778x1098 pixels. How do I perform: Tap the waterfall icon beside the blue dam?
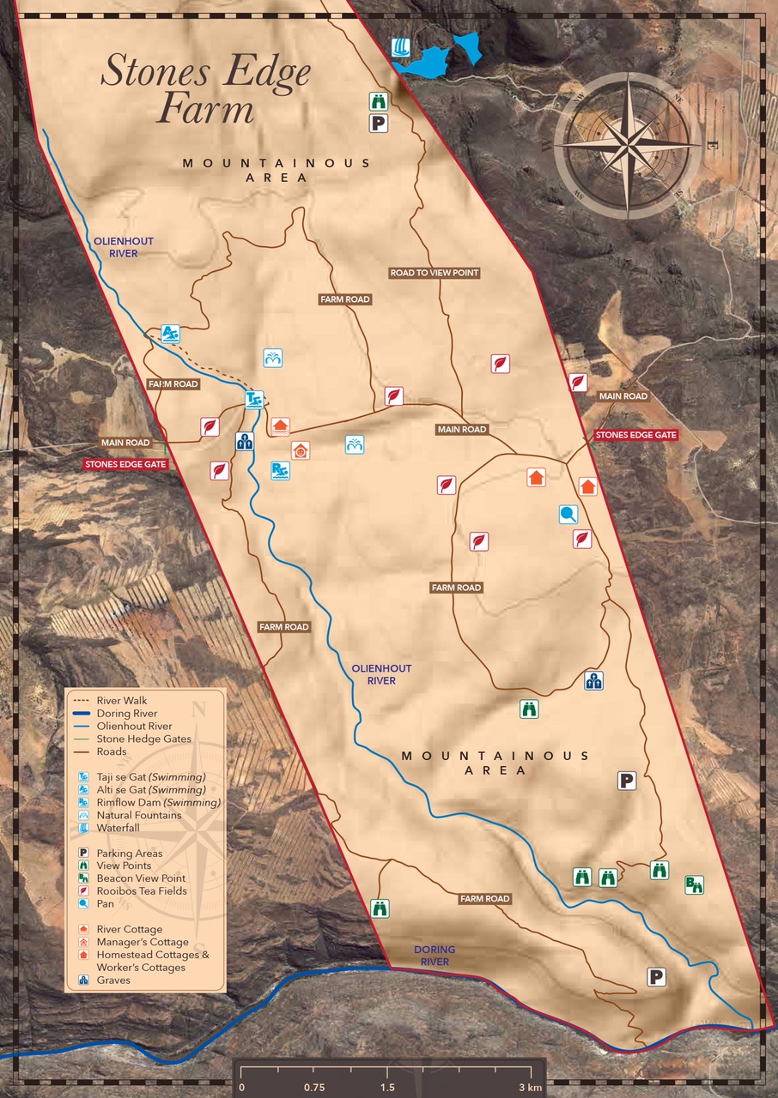click(x=399, y=47)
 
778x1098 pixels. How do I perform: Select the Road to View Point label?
click(x=434, y=273)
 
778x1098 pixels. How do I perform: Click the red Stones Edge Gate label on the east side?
click(x=635, y=435)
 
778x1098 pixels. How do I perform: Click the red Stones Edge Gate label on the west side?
click(x=125, y=464)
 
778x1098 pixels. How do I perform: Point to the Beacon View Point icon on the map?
click(x=694, y=884)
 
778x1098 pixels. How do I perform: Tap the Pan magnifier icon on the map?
click(x=568, y=514)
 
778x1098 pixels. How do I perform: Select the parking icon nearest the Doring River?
click(x=657, y=976)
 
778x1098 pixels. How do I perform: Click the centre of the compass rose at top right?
click(x=629, y=144)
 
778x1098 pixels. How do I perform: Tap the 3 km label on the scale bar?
click(x=530, y=1088)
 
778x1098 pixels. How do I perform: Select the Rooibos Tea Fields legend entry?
click(x=142, y=891)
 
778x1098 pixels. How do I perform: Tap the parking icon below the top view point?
click(x=379, y=124)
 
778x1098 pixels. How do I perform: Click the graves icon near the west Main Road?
click(x=245, y=442)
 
